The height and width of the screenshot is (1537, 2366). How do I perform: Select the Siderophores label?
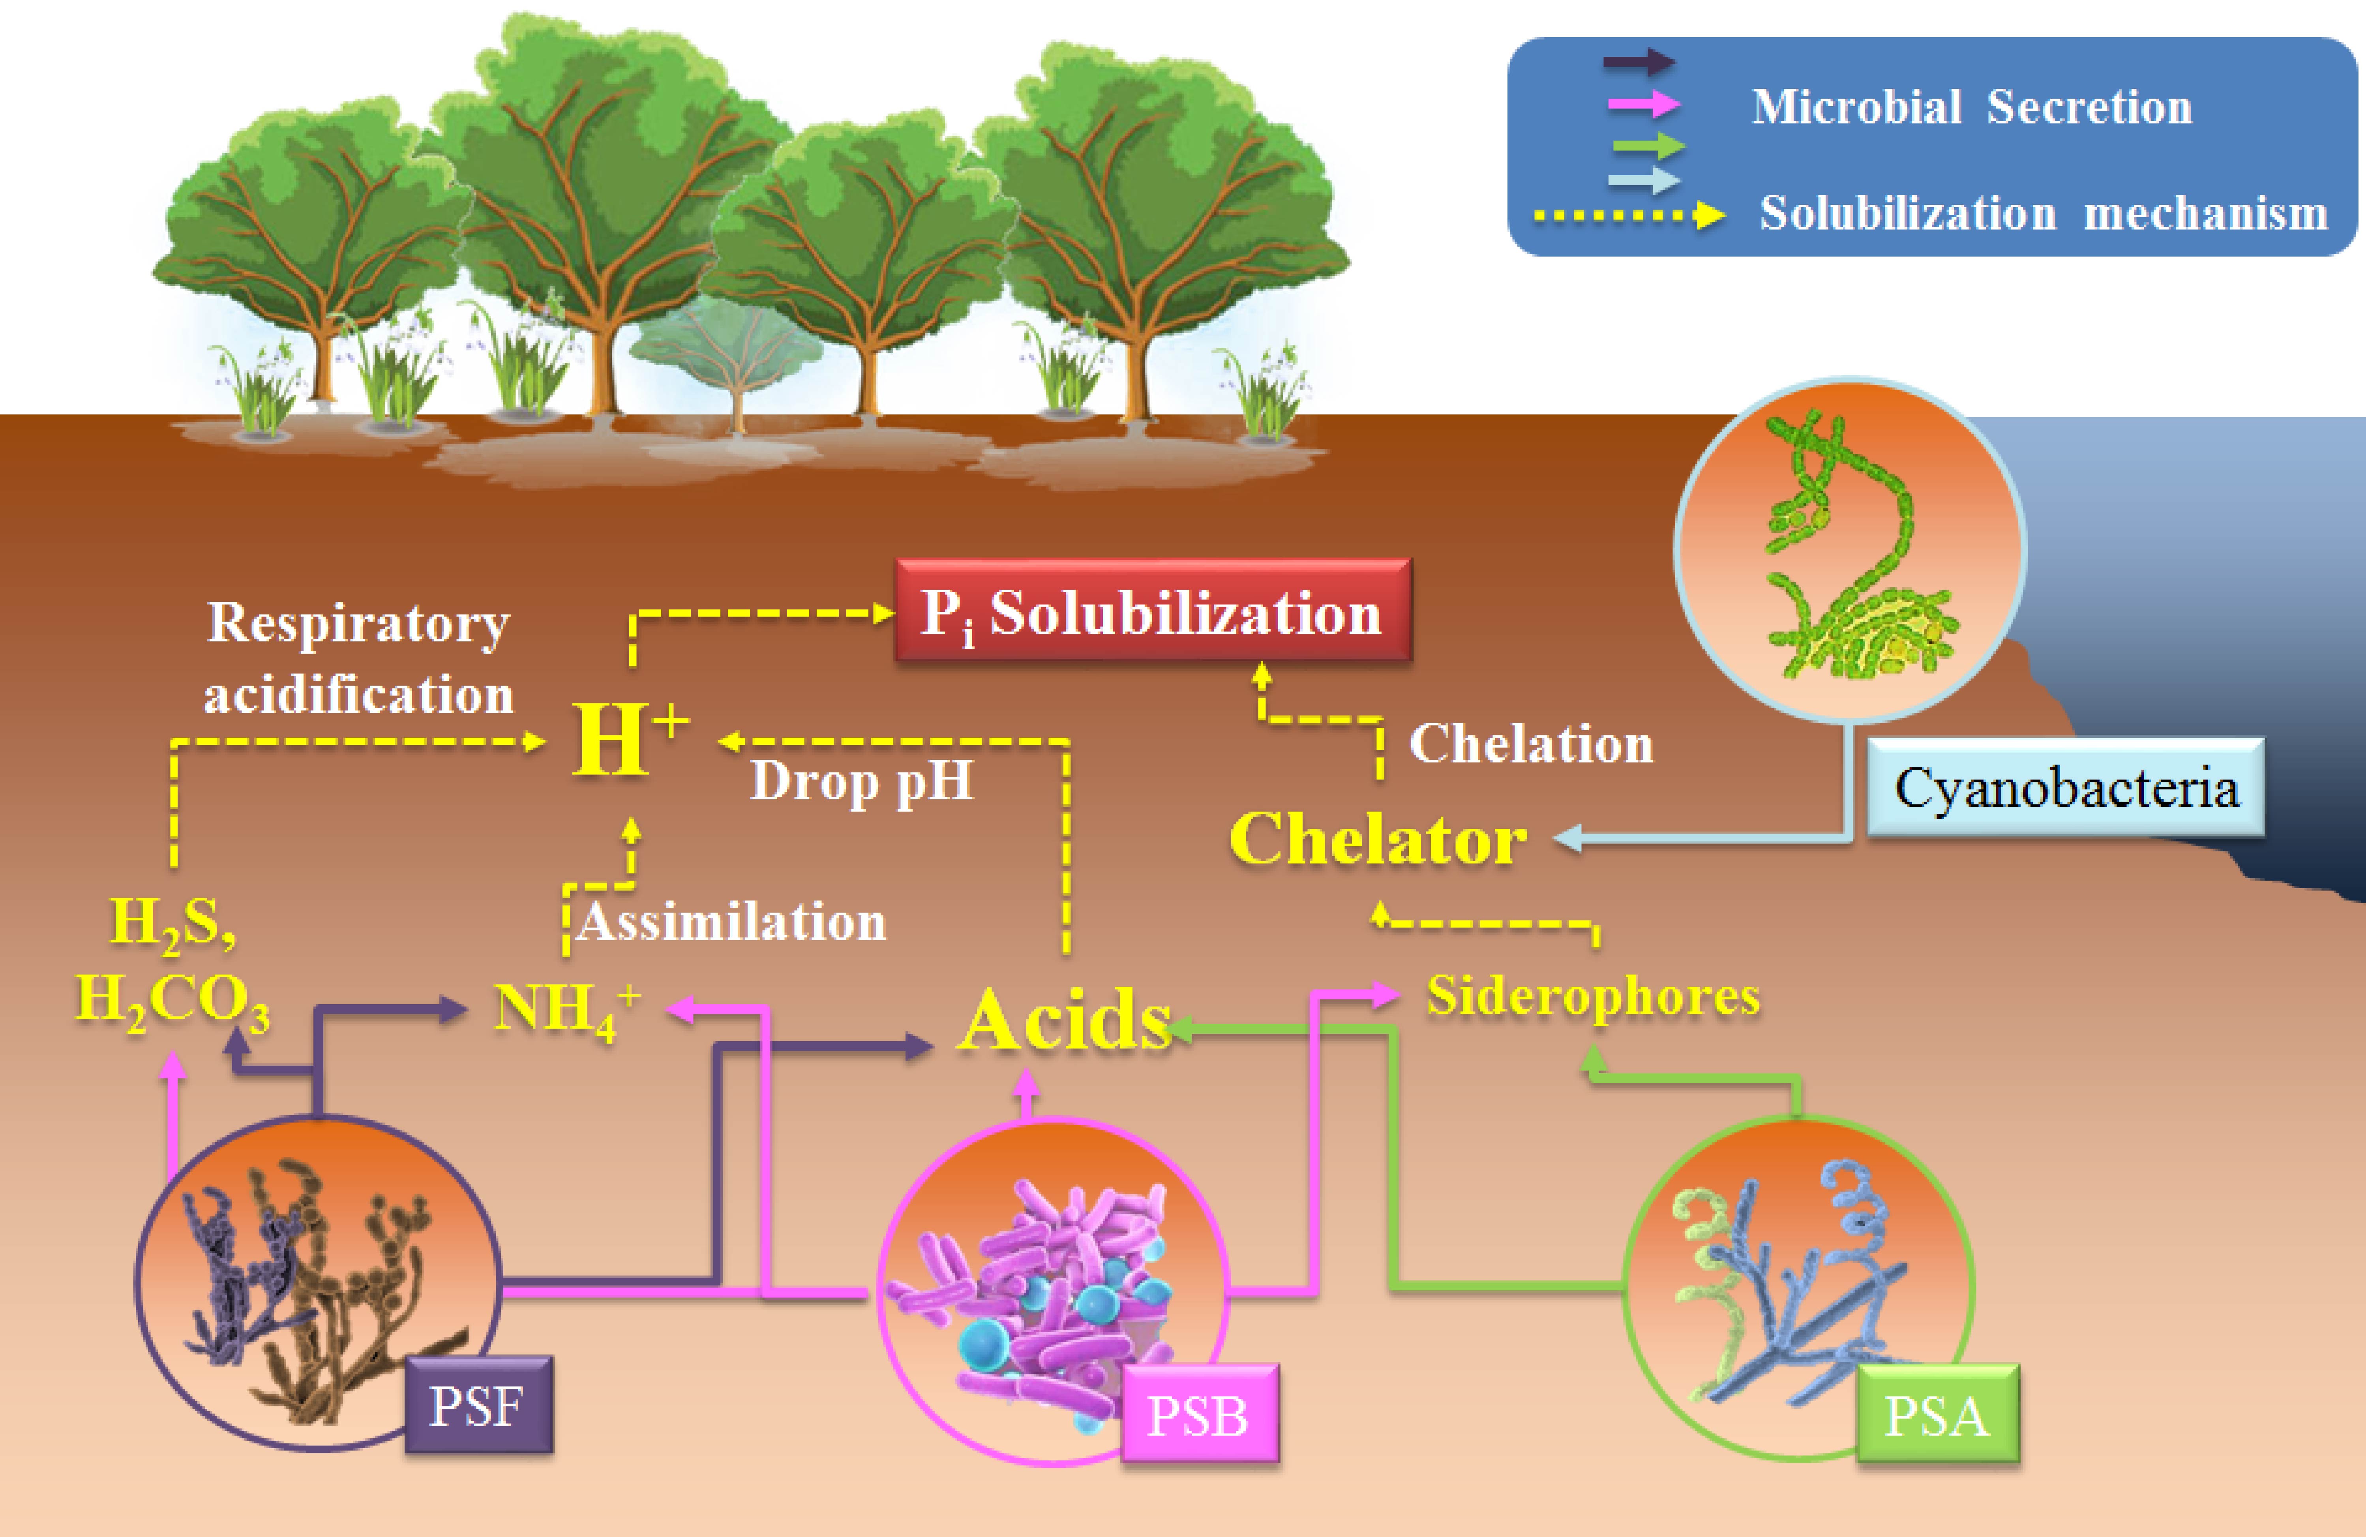point(1593,996)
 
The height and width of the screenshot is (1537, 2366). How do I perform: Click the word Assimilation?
point(731,922)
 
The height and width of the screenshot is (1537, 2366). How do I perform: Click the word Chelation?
point(1531,744)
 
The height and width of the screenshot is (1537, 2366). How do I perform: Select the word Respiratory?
point(358,623)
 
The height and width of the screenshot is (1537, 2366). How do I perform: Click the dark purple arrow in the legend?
point(1638,62)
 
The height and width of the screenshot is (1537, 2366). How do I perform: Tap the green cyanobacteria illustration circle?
point(1849,549)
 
